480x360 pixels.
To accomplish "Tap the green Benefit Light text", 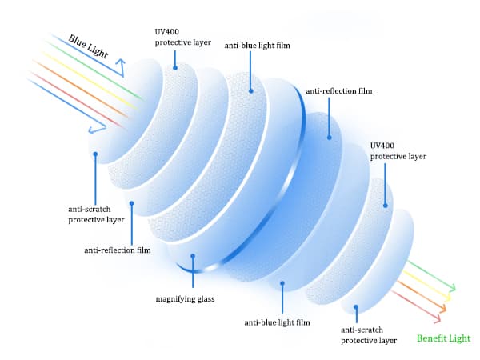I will click(x=442, y=338).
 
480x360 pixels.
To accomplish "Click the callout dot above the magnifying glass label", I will click(x=192, y=257).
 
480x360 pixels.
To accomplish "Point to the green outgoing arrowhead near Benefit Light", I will click(x=452, y=288).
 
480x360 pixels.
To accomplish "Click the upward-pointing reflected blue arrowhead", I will click(x=119, y=62).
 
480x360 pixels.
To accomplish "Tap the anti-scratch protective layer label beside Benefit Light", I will click(x=369, y=334).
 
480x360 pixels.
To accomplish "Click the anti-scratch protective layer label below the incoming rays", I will click(x=96, y=214).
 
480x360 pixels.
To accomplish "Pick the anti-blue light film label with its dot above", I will click(x=276, y=323).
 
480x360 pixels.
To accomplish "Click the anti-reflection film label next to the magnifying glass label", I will click(x=117, y=250).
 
